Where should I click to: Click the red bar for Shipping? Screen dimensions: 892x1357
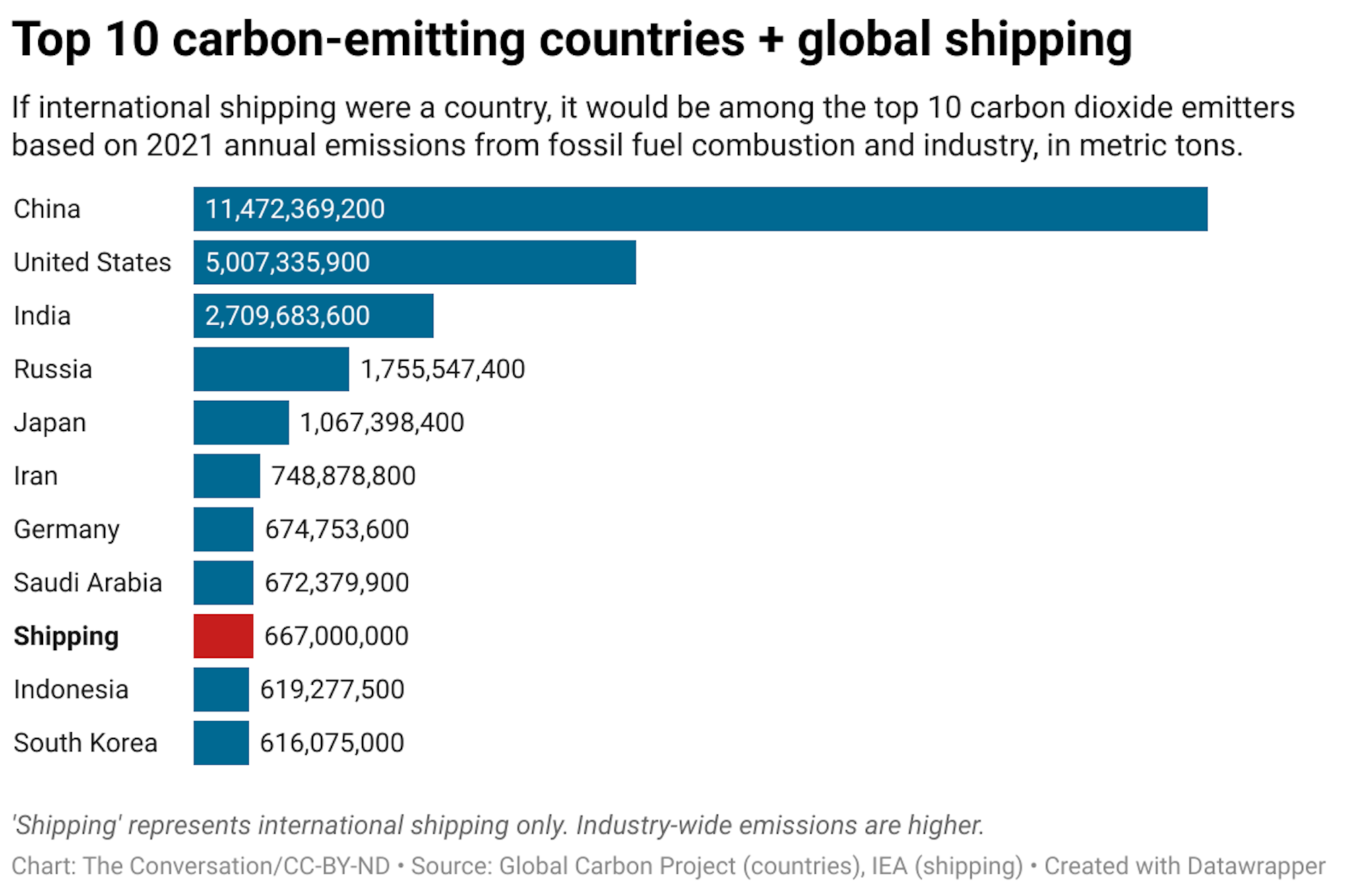(223, 636)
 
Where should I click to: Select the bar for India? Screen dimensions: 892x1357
(313, 316)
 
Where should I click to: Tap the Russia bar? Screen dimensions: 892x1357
(271, 369)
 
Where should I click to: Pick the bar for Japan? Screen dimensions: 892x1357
(241, 423)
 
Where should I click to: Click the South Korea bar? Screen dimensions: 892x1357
(221, 743)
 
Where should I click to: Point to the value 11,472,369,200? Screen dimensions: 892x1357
(295, 209)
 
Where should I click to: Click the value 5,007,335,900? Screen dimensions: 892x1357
(287, 262)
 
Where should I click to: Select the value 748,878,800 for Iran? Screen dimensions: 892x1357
(343, 476)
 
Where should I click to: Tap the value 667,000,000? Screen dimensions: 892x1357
(336, 636)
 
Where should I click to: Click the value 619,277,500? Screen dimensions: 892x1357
(332, 690)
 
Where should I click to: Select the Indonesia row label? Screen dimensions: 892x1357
(71, 690)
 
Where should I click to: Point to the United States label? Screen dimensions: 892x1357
(92, 262)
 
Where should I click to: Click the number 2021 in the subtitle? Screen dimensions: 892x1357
(180, 146)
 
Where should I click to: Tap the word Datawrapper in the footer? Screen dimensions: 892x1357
(1256, 866)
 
